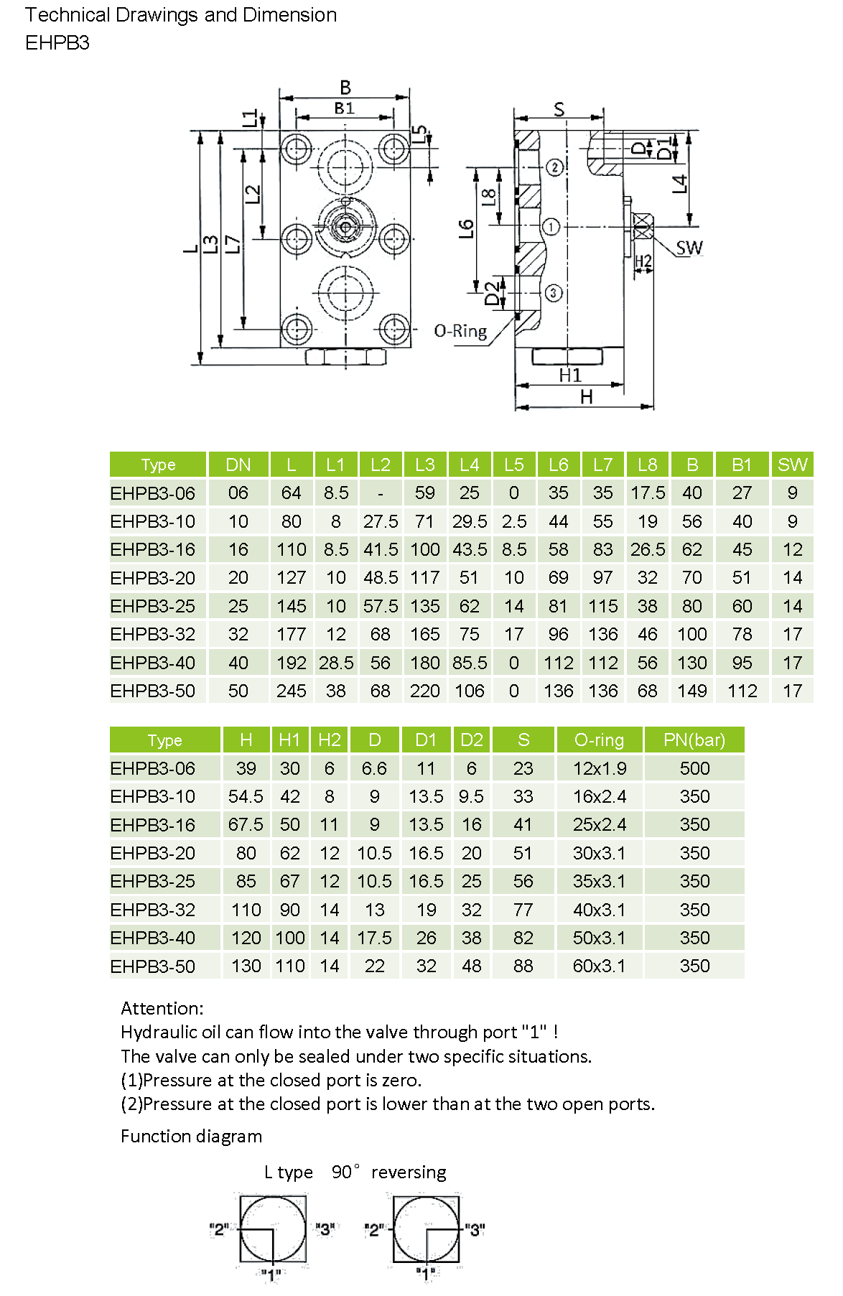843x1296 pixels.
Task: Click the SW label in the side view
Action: (689, 248)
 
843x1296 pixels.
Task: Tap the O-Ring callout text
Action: (460, 331)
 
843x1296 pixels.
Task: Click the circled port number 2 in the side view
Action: (555, 167)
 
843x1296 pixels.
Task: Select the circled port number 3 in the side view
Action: (553, 293)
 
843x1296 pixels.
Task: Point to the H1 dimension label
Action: (570, 375)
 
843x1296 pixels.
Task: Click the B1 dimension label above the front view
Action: (345, 108)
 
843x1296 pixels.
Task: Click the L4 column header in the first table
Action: (469, 465)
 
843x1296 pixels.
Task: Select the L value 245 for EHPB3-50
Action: (292, 691)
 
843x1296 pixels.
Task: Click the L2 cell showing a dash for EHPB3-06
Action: (380, 493)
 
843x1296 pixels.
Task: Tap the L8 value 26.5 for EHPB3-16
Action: (648, 549)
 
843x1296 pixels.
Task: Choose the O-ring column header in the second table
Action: (599, 740)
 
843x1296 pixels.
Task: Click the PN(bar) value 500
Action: (694, 768)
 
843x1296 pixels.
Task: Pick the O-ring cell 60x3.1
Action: (599, 966)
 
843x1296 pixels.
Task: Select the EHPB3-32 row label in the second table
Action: (153, 910)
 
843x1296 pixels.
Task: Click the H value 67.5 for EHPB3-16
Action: (246, 824)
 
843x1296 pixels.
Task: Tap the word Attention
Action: (162, 1008)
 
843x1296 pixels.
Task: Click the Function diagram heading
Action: (191, 1136)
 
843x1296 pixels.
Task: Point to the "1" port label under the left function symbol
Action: (271, 1274)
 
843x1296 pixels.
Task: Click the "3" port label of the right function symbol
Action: (475, 1229)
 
